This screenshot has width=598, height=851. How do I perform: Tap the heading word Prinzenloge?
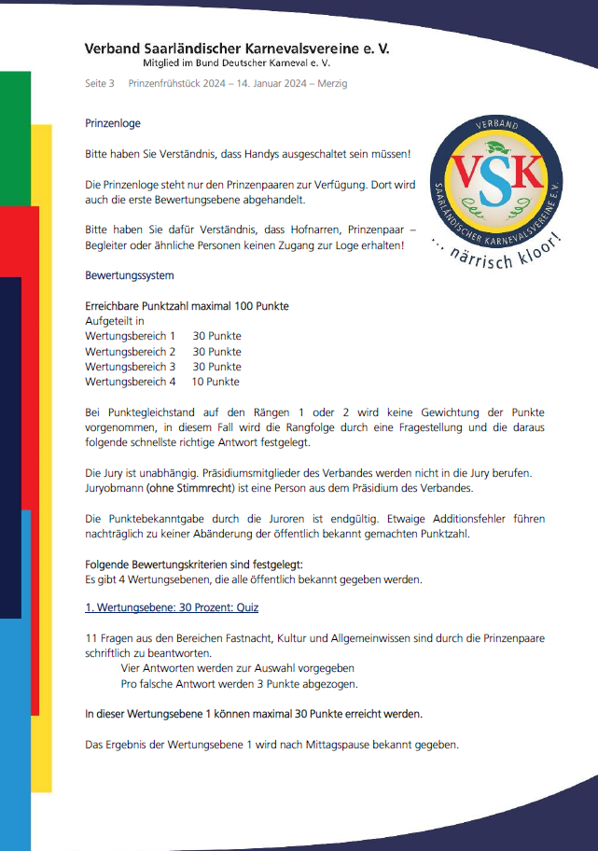pos(112,123)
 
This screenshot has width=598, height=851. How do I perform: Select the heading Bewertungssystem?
pos(129,275)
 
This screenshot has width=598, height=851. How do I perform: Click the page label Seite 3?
pos(99,83)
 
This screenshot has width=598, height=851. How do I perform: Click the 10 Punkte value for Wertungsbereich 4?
pos(216,382)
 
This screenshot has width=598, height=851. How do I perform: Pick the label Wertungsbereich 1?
pos(130,336)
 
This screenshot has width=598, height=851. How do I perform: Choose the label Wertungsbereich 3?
pos(130,367)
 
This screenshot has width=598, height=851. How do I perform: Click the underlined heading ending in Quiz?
pos(172,607)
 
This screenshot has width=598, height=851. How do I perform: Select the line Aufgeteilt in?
pos(114,321)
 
